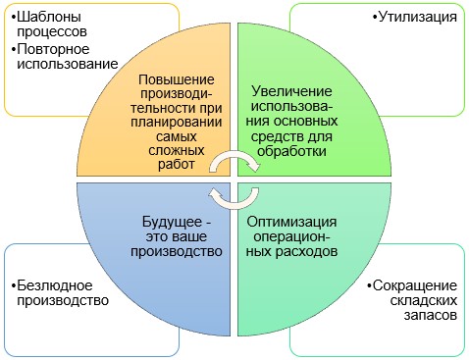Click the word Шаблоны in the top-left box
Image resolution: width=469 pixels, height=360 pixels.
tap(50, 17)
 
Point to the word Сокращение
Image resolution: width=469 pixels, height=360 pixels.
tap(417, 285)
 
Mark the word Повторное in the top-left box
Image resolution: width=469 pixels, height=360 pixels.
tap(53, 48)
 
